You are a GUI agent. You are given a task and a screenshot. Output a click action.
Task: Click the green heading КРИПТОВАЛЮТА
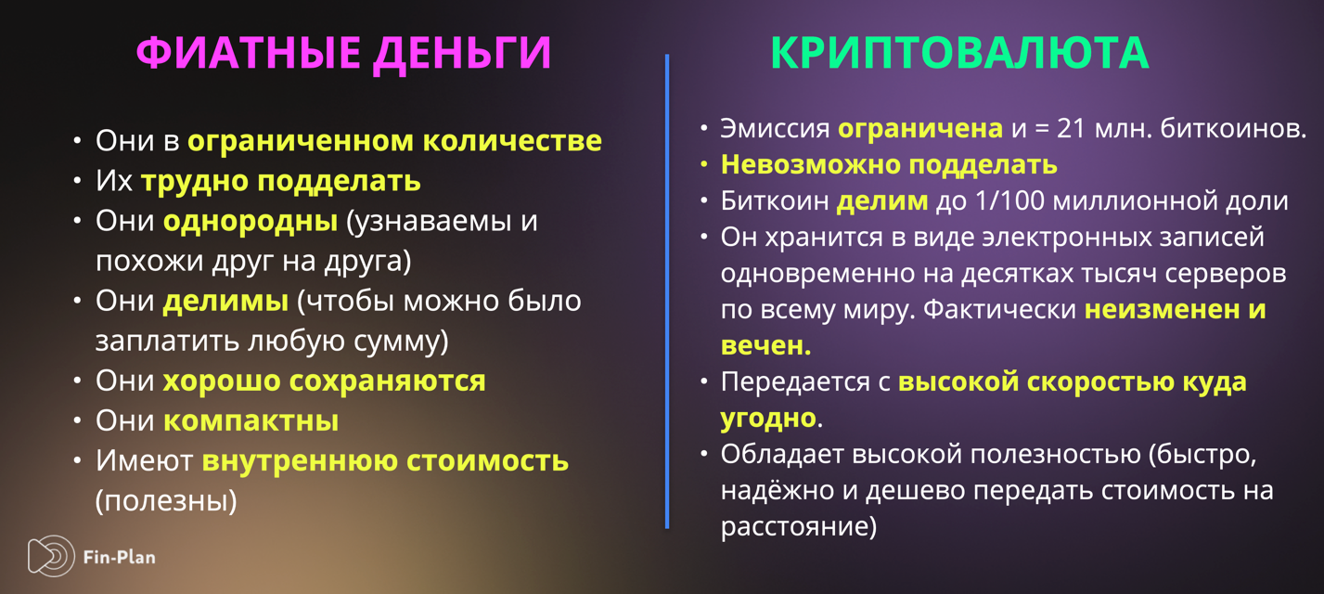(960, 53)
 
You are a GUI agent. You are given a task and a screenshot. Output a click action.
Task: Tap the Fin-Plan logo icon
(51, 556)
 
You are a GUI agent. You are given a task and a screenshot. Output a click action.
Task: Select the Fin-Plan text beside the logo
(120, 558)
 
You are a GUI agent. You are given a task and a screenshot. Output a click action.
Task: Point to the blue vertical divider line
(667, 291)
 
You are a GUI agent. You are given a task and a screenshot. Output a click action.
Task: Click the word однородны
(250, 222)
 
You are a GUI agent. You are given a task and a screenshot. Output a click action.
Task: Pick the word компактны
(251, 420)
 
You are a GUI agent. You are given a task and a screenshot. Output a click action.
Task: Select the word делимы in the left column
(225, 302)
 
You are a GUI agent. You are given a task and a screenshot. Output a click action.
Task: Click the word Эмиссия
(775, 129)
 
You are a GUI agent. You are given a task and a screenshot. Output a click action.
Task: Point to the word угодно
(768, 419)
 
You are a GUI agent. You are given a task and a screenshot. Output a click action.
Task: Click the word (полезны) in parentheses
(166, 501)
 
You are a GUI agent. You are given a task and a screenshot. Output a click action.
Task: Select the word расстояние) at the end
(799, 526)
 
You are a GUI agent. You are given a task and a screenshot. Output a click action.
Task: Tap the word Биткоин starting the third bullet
(775, 201)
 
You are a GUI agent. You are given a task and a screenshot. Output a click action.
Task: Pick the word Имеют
(144, 460)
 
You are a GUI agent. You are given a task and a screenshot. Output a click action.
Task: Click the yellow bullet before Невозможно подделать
(704, 165)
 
